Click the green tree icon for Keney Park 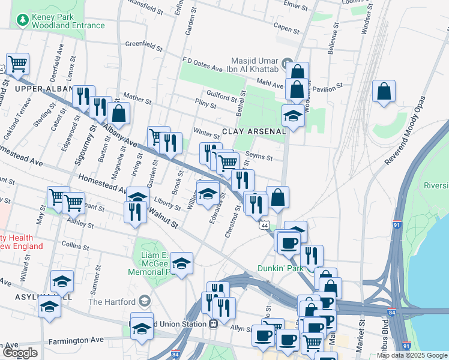pos(23,20)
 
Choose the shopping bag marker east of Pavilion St pos(384,92)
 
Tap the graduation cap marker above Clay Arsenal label pos(293,115)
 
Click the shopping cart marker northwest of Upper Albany pos(17,63)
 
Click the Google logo pos(19,353)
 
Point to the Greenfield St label pos(144,44)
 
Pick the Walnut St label pos(164,220)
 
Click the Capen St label pos(286,28)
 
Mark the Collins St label pos(75,245)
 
